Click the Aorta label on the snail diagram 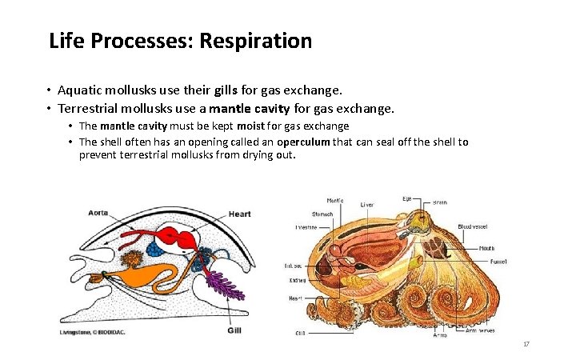click(x=100, y=214)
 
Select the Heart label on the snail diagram click(x=239, y=214)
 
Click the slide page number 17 click(x=526, y=344)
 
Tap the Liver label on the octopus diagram click(x=367, y=204)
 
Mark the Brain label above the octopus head click(x=441, y=202)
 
